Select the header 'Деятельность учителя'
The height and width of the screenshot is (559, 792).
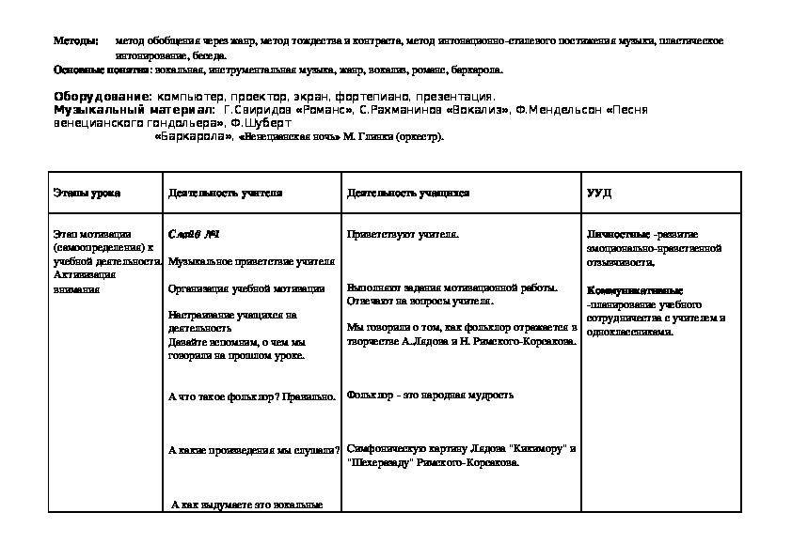(226, 193)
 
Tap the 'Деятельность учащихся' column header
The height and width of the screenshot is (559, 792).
(408, 193)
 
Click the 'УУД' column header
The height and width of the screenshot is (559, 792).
(599, 193)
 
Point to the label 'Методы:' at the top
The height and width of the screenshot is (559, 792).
(74, 42)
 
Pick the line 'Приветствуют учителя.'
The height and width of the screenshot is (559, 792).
(403, 234)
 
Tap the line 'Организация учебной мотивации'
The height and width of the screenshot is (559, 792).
(246, 288)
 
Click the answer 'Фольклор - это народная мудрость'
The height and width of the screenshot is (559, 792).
(430, 396)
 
